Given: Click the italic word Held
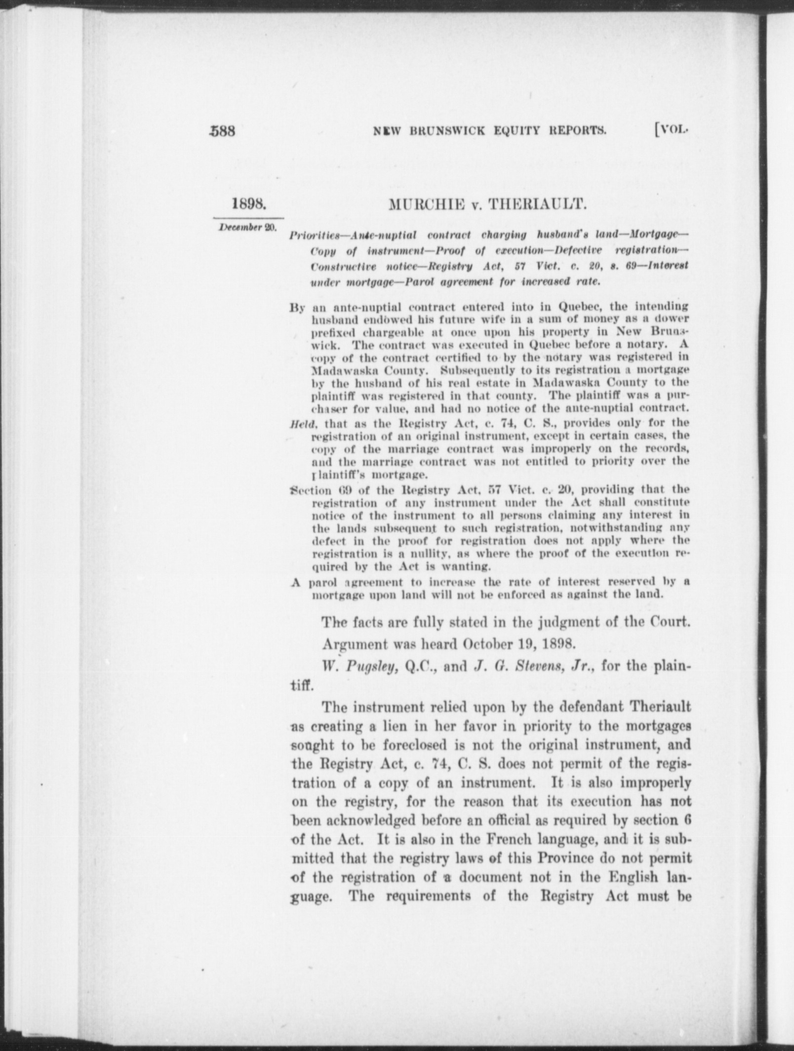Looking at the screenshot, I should coord(299,423).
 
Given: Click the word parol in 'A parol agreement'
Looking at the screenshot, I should coord(323,582).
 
